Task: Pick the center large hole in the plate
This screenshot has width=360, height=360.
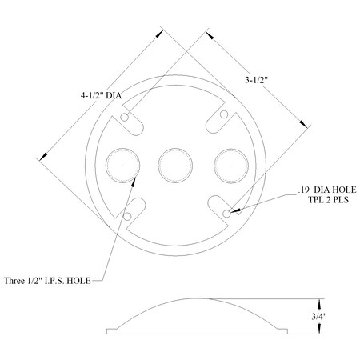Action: tap(173, 165)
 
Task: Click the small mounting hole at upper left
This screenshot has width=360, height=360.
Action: tap(126, 118)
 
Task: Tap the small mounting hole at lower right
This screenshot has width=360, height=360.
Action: tap(228, 214)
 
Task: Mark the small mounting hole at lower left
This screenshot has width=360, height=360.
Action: tap(126, 215)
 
